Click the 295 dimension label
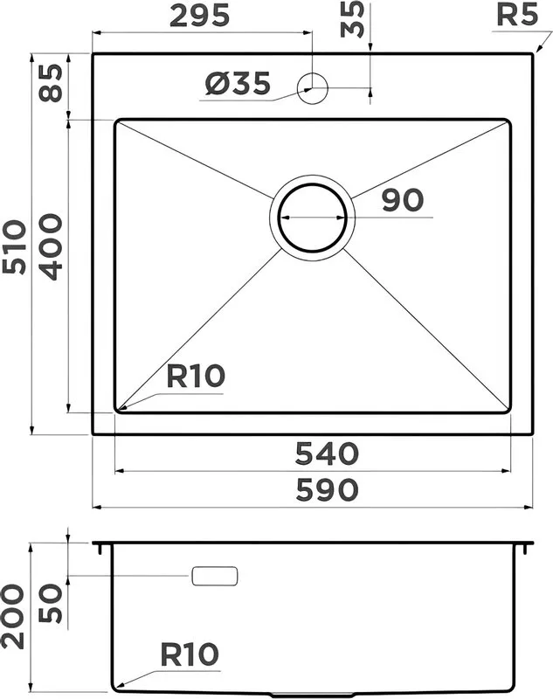click(200, 16)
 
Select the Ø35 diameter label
click(238, 83)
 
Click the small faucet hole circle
click(313, 88)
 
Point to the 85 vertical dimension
click(50, 83)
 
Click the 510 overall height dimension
click(14, 246)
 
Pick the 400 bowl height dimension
click(50, 247)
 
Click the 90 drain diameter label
click(402, 200)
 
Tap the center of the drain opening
click(313, 218)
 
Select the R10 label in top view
click(196, 376)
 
